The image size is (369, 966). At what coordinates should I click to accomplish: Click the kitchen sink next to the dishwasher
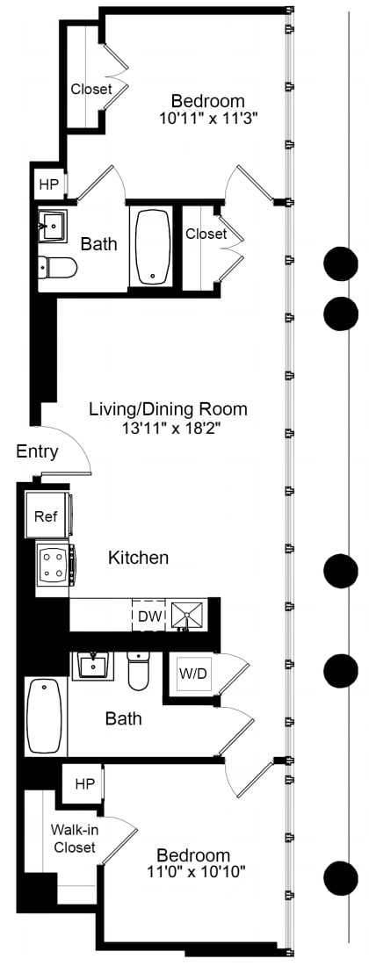point(186,616)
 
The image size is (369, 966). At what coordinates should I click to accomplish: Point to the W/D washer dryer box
point(194,674)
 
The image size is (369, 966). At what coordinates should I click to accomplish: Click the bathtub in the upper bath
point(153,246)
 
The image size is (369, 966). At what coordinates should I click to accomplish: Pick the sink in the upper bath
point(53,227)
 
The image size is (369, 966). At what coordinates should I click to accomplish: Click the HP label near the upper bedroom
point(47,185)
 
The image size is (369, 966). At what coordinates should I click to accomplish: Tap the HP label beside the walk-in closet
point(84,783)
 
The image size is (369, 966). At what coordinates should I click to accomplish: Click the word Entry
point(37,452)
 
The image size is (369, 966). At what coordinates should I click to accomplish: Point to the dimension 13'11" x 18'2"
point(168,429)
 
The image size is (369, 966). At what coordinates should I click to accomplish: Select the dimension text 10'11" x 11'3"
point(208,117)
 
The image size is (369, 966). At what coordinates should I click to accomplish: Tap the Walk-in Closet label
point(73,839)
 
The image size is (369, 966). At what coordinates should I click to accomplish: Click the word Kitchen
point(138,558)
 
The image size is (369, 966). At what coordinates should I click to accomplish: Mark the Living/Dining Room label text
point(168,409)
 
